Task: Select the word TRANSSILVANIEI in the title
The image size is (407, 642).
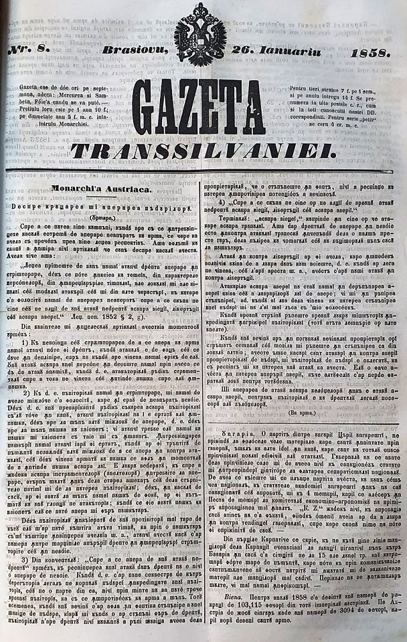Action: pos(203,151)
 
